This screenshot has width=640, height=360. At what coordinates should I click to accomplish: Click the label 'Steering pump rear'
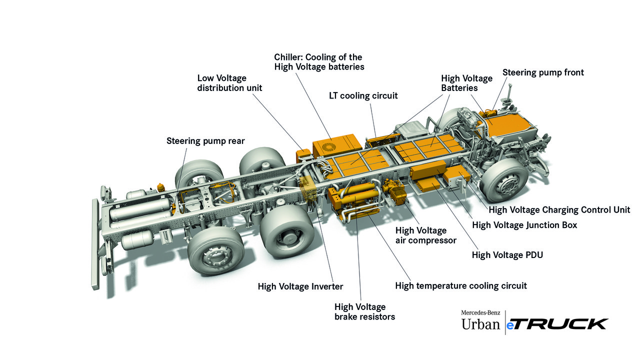pos(205,141)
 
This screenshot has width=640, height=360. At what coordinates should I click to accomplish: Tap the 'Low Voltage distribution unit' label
pos(229,83)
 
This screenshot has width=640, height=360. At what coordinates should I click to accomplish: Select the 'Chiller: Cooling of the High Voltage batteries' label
pos(319,62)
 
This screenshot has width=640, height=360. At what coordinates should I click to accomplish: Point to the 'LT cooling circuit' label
pos(363,95)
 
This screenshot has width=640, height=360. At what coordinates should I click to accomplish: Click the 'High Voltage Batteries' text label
pos(466,83)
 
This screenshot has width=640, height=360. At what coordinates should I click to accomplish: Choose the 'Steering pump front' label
pos(543,72)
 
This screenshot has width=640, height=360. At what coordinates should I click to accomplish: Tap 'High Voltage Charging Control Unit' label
pos(559,210)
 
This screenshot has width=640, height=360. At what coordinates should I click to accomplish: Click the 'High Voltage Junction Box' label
pos(524,225)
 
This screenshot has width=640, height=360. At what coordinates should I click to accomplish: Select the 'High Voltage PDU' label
pos(507,255)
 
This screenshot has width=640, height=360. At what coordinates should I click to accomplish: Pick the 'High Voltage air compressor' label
pos(425,235)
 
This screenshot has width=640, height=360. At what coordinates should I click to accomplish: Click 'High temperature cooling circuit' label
pos(460,286)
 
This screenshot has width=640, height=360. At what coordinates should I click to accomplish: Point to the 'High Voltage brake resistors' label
pos(364,312)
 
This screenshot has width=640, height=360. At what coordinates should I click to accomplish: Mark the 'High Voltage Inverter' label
pos(300,286)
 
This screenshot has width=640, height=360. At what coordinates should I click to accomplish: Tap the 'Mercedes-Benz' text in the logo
pos(480,313)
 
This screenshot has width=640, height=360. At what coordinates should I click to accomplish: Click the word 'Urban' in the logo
pos(480,324)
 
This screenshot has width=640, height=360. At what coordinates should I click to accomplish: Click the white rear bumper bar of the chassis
pos(95,245)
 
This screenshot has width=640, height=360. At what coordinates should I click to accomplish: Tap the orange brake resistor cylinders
pos(356,197)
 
